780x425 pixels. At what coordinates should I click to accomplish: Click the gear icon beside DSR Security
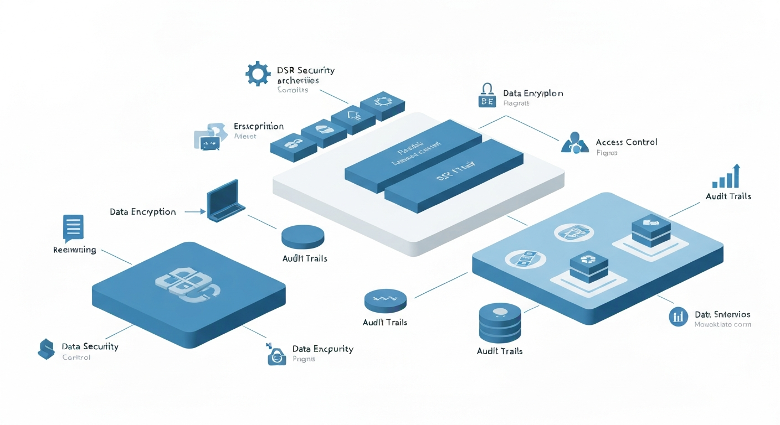[258, 74]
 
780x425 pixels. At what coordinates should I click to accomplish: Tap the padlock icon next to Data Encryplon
[486, 95]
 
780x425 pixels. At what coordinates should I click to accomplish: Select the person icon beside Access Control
[574, 143]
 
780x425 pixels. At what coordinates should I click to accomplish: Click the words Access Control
[626, 142]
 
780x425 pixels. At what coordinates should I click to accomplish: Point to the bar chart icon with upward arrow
[726, 177]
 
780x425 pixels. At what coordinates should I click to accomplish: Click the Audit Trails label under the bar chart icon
[728, 196]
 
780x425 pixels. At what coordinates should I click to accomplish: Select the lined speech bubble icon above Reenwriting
[73, 229]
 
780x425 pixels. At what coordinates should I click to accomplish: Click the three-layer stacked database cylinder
[499, 324]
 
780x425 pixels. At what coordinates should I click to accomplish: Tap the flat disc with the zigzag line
[386, 300]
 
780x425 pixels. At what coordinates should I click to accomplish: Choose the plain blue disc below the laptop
[302, 236]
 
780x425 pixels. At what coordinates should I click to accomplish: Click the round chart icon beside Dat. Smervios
[678, 317]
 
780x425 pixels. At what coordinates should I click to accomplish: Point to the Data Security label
[90, 346]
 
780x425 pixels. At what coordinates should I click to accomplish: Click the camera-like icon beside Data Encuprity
[276, 354]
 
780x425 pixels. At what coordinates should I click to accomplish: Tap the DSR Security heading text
[305, 70]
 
